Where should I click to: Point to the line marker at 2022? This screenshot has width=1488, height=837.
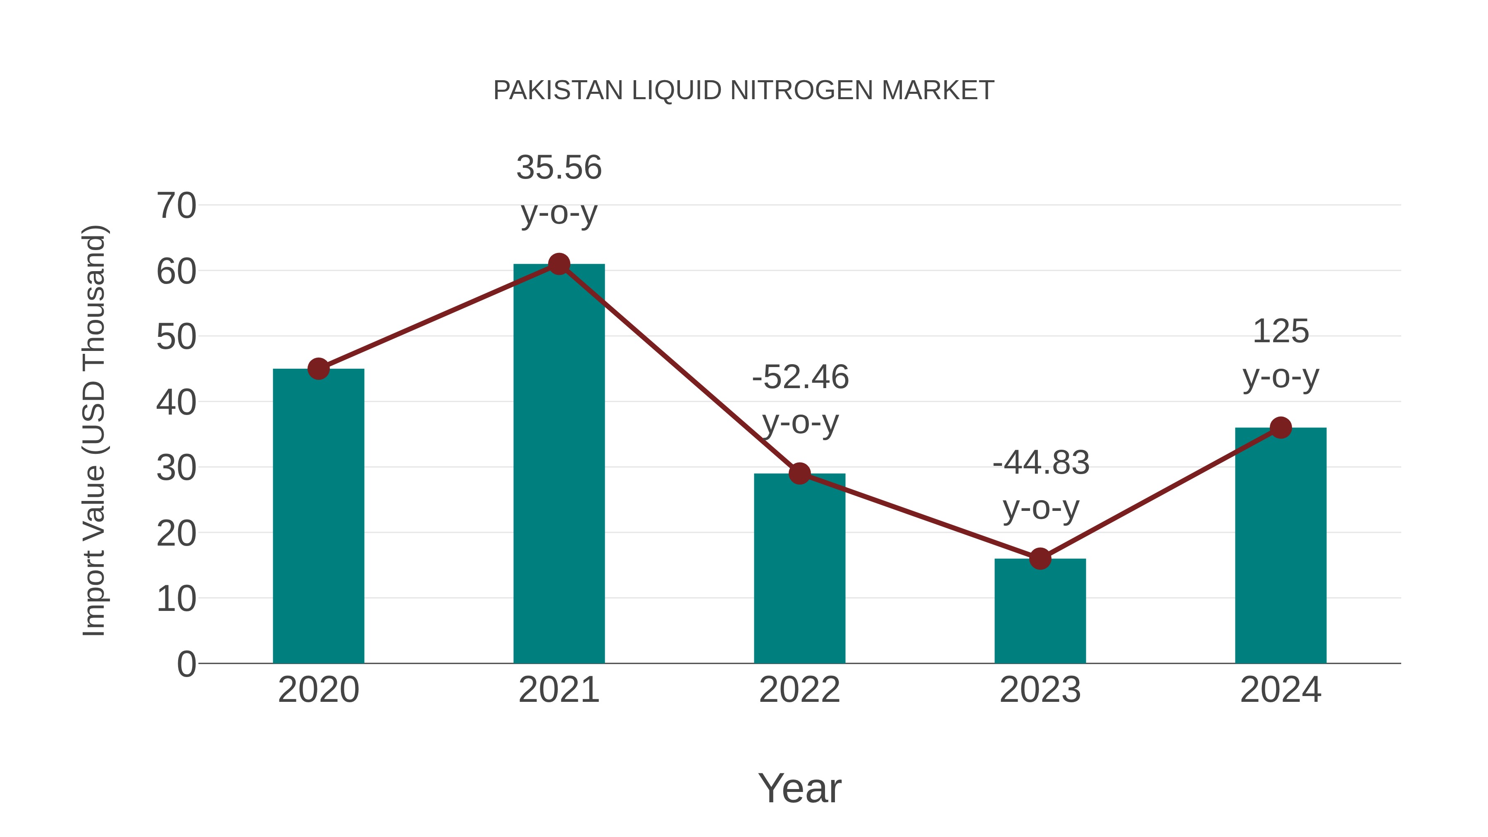point(799,474)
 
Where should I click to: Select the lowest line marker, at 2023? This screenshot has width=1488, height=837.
point(1040,558)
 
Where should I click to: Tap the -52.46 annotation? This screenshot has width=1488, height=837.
point(800,378)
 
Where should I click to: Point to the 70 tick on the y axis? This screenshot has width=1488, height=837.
point(176,206)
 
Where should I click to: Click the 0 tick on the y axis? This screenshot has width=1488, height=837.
point(186,664)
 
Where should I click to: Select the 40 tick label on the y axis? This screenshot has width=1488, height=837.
point(176,403)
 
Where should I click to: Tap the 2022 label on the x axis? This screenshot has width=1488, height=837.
point(799,690)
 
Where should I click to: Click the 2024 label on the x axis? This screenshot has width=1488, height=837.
point(1280,690)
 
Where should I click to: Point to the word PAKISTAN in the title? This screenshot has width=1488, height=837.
point(558,91)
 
